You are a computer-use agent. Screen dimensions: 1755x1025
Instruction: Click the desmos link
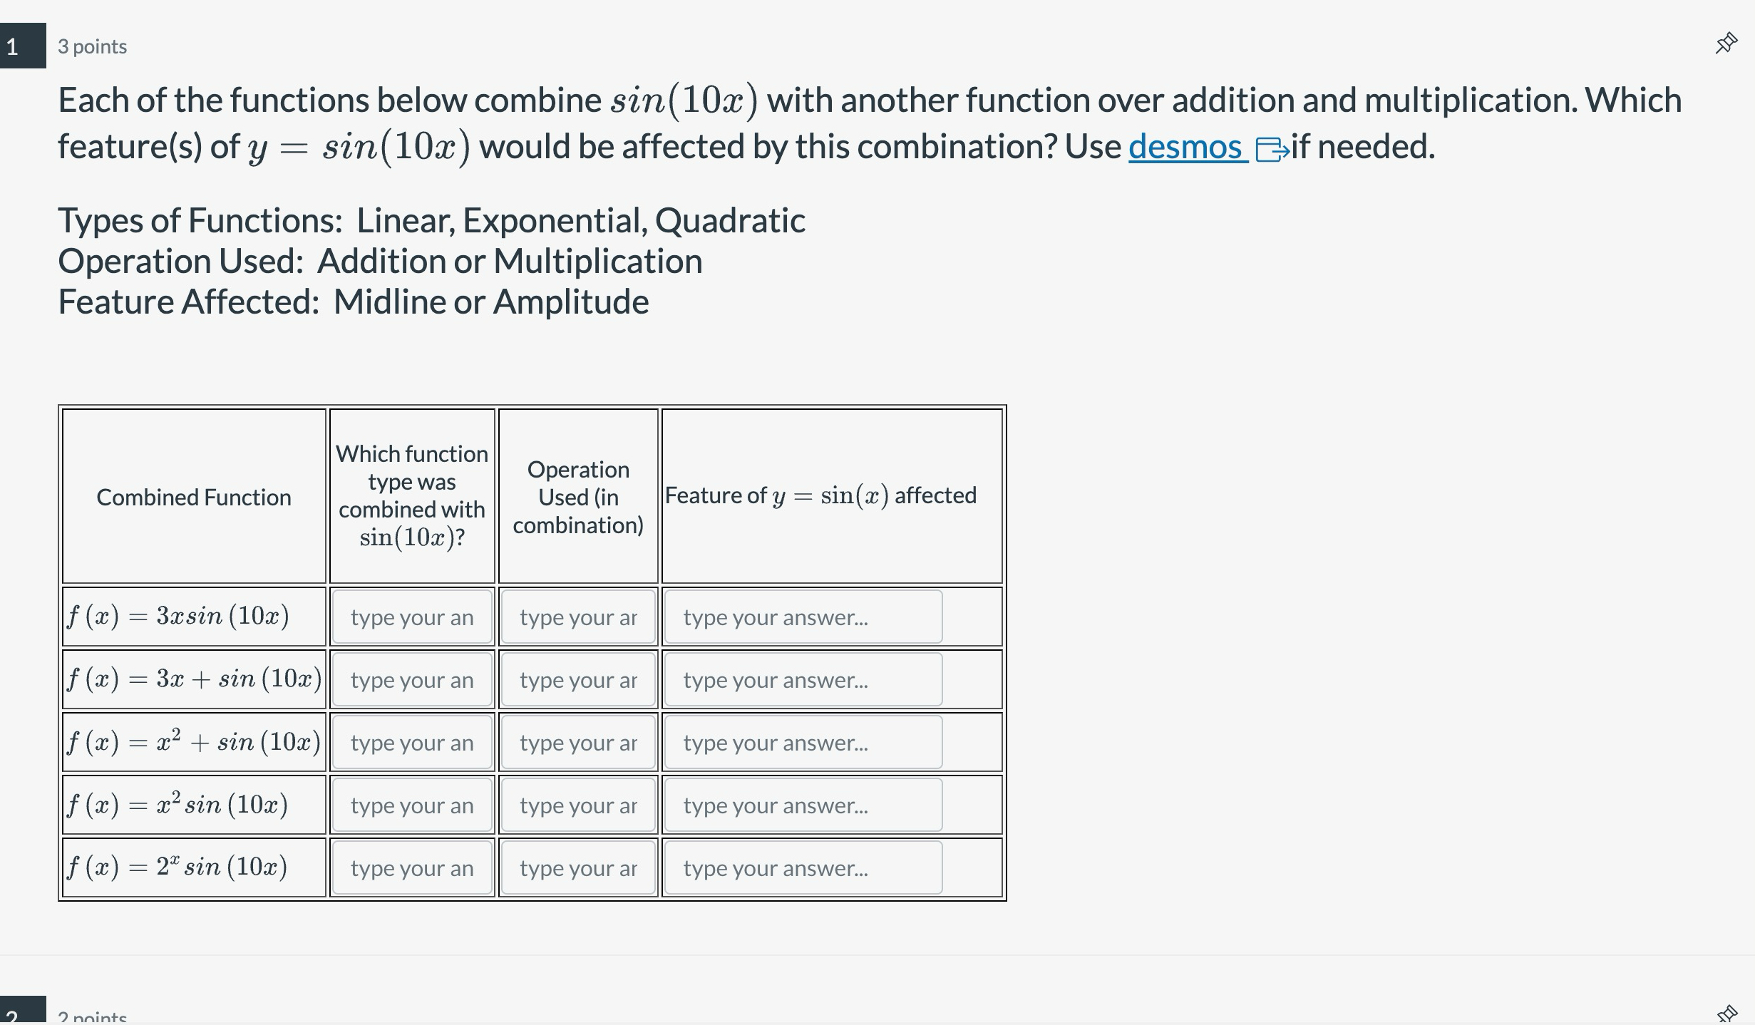coord(1187,147)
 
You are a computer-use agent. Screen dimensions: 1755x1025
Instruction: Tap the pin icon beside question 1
coord(1726,44)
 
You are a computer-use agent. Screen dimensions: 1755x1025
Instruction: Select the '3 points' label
coord(92,46)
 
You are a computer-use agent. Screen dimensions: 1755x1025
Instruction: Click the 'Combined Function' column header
coord(194,497)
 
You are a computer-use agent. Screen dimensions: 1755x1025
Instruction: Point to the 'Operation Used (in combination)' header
coord(578,497)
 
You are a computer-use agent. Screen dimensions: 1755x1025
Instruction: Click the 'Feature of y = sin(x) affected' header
coord(820,495)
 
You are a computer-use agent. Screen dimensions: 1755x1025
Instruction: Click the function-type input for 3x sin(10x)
coord(412,617)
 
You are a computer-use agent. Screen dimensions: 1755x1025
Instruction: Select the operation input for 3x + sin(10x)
coord(578,680)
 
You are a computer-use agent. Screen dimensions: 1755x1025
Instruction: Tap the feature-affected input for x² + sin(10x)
coord(803,743)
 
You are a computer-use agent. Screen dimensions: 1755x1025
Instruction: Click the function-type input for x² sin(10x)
coord(412,805)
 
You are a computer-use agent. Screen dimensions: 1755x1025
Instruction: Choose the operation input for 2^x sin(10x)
coord(578,868)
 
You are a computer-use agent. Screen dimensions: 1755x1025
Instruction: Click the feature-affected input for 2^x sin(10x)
coord(803,868)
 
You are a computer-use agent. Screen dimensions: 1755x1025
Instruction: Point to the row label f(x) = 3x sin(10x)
coord(178,616)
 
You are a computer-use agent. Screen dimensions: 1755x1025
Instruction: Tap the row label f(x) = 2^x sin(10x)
coord(177,867)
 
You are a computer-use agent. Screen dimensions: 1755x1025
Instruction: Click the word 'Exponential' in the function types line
coord(555,220)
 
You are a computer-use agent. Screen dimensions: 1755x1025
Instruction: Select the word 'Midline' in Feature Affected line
coord(389,302)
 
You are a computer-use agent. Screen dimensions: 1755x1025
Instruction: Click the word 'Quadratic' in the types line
coord(730,220)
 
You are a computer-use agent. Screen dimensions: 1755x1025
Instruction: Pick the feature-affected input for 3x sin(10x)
coord(803,617)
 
